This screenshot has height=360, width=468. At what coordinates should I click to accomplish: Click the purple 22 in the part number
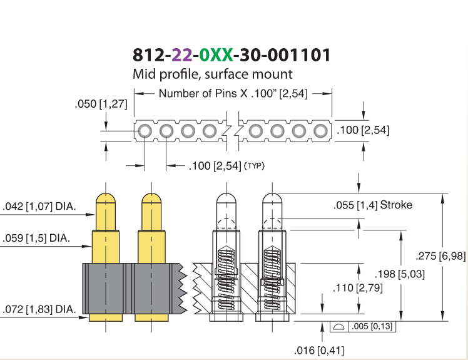182,55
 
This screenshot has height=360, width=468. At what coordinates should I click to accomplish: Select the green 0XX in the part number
216,55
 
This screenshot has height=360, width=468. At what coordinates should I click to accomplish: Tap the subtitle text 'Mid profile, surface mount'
213,75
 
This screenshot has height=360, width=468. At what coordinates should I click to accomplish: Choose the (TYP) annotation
254,165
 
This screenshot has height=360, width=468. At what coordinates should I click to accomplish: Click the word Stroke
396,205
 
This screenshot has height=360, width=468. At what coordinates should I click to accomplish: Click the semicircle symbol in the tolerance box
338,327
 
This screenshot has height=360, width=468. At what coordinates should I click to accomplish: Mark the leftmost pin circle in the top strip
145,131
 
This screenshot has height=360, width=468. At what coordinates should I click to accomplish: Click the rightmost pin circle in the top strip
320,131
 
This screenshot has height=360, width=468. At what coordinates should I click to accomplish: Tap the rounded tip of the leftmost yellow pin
106,198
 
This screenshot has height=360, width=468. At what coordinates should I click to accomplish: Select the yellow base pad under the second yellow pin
151,317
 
